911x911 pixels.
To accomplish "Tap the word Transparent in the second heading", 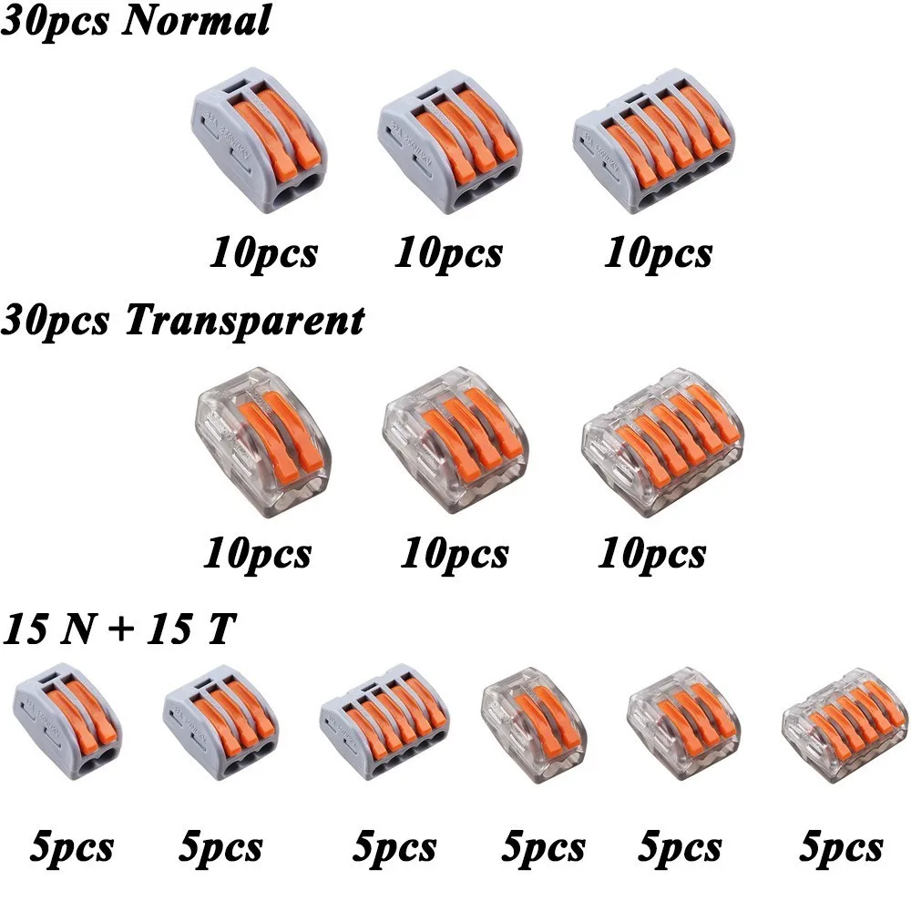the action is point(243,320).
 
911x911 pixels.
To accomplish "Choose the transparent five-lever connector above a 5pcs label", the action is point(837,729).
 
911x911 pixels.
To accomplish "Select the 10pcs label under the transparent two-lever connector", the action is point(257,553).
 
